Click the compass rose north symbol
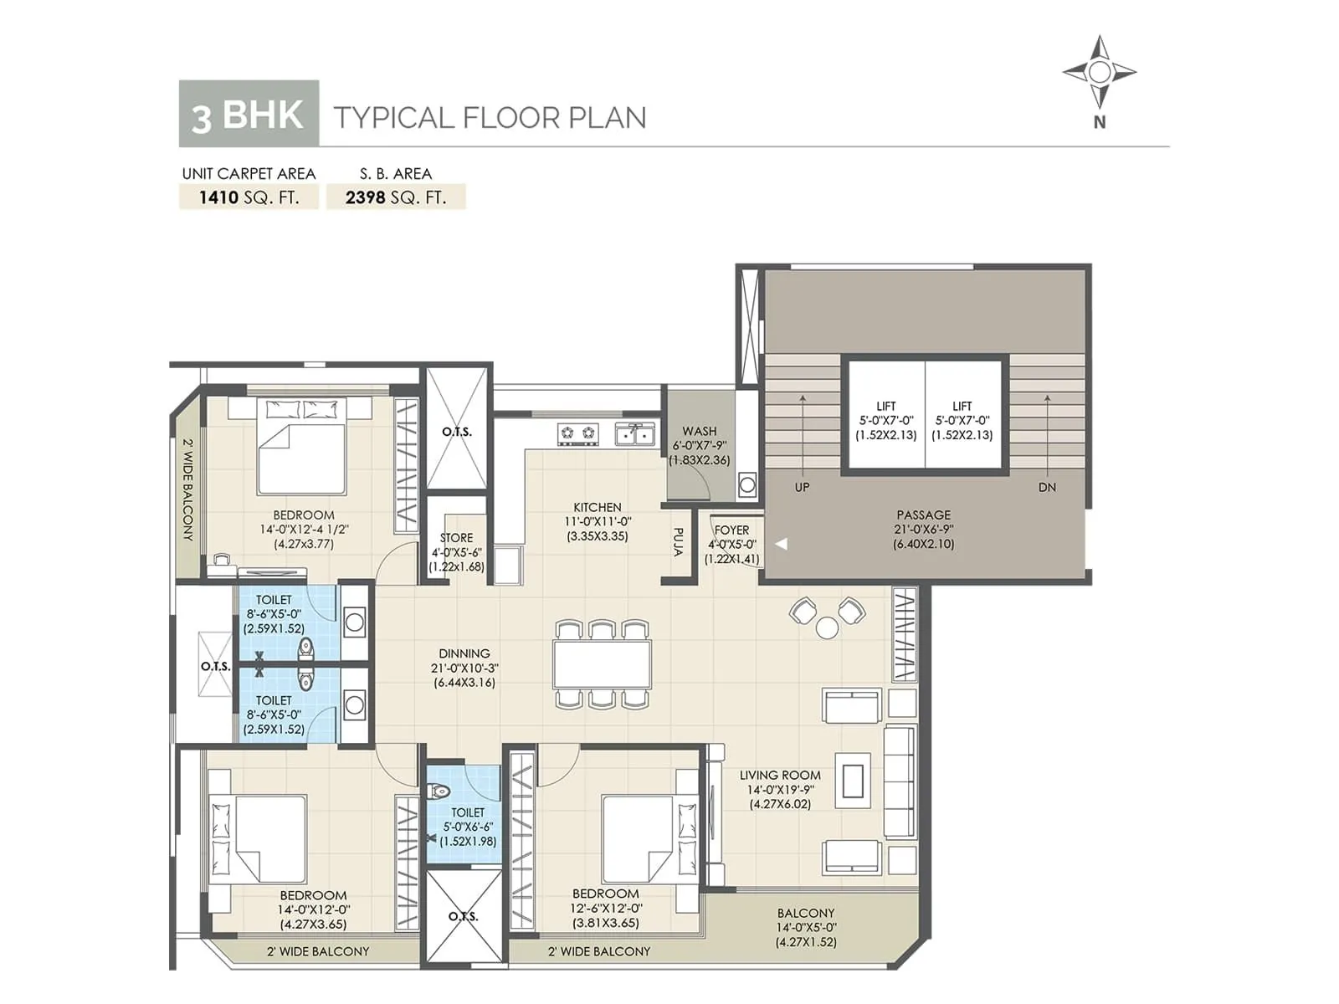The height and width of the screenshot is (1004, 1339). (1099, 73)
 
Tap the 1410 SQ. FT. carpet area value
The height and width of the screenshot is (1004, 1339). (249, 197)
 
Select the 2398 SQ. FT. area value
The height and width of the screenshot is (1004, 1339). (396, 197)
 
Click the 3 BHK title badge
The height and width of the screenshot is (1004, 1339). (249, 114)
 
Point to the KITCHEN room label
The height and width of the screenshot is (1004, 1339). (597, 508)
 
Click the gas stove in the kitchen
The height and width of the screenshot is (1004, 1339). (578, 433)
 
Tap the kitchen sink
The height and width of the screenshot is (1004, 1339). (635, 433)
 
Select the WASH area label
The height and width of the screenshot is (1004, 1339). (699, 432)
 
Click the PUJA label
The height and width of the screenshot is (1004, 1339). (678, 541)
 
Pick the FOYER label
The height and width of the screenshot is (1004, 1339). (731, 530)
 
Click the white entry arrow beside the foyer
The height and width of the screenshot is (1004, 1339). (782, 544)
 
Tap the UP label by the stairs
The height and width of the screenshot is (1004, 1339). (802, 487)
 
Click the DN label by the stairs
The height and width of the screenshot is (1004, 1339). (1047, 487)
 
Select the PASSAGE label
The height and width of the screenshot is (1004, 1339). (923, 515)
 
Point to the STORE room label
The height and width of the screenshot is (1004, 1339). (456, 538)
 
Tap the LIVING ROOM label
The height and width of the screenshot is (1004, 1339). (780, 776)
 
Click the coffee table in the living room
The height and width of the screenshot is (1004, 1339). (852, 781)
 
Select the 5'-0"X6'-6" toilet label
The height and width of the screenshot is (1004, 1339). (468, 827)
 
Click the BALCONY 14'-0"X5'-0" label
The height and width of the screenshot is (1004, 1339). (805, 914)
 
